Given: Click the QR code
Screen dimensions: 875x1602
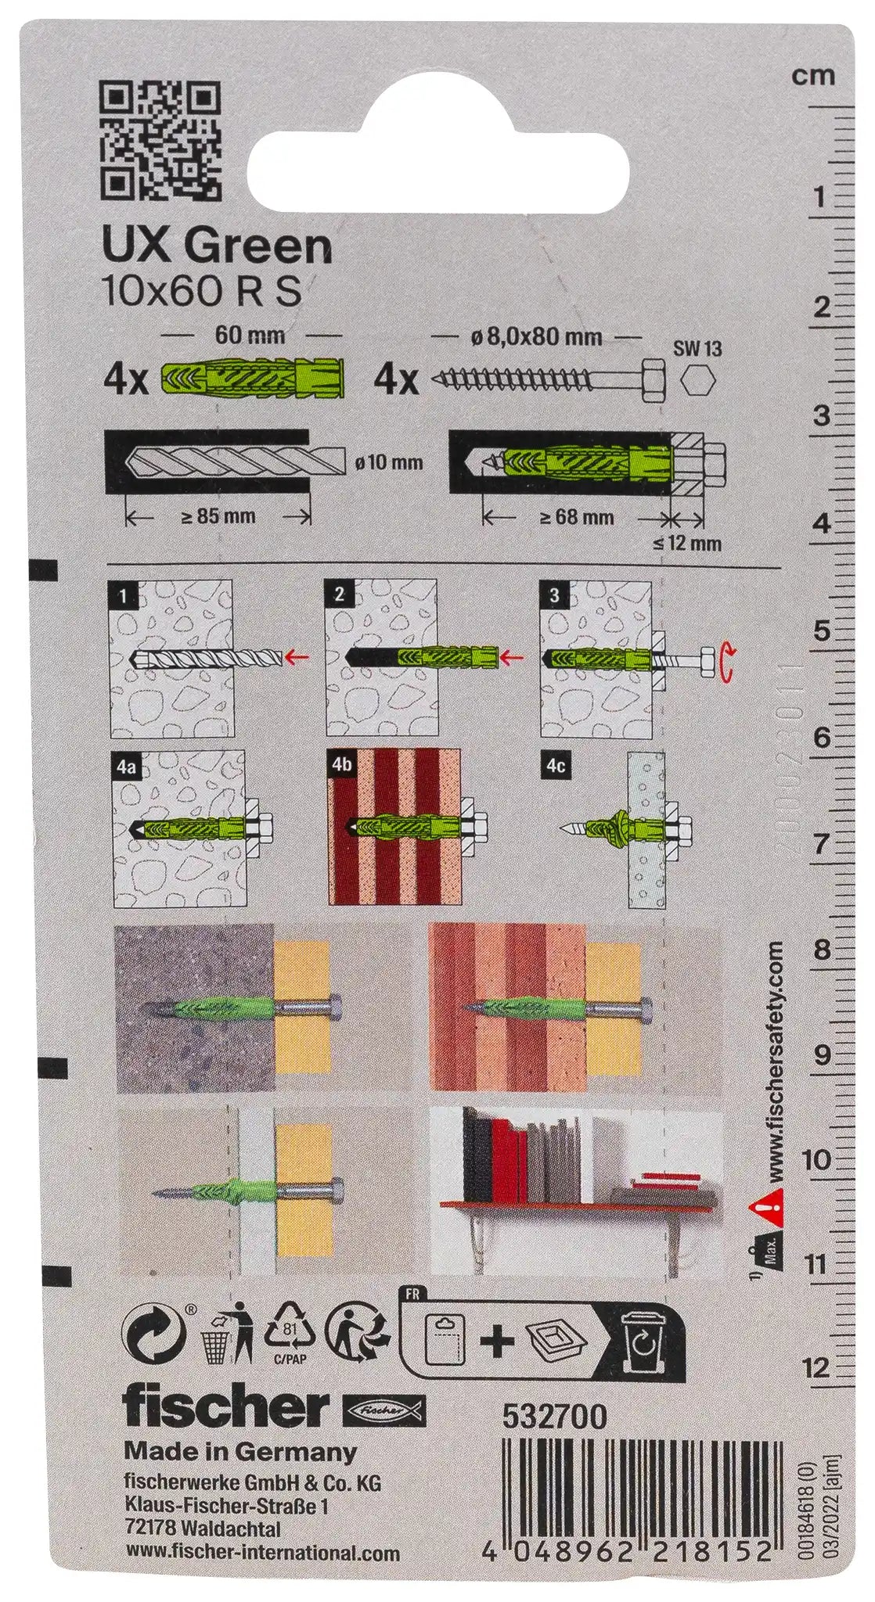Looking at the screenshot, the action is point(163,142).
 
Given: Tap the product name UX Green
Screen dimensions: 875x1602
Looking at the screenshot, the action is point(218,248).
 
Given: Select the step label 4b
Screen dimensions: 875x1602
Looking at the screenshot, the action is point(340,767).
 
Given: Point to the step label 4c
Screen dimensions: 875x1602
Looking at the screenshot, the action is point(554,767).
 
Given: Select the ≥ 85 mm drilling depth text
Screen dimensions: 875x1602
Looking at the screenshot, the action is point(217,516).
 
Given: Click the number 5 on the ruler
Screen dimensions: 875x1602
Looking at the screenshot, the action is point(820,630).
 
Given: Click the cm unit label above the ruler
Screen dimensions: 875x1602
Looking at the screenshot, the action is point(813,76).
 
